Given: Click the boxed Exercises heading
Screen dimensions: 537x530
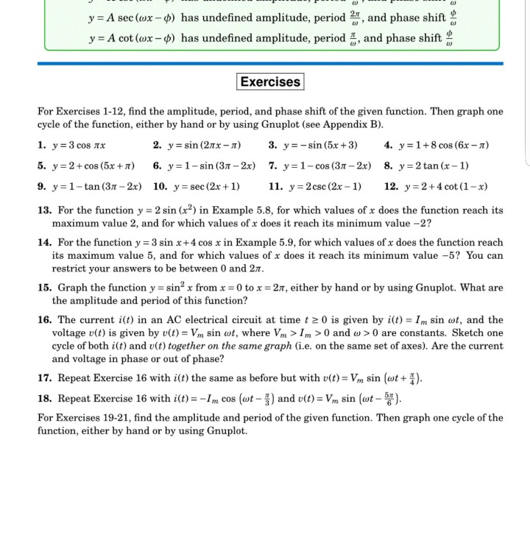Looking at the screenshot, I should point(270,82).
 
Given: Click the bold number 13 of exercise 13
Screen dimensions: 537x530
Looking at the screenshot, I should point(44,210).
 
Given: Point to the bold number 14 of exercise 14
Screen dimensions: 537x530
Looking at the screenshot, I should point(44,243).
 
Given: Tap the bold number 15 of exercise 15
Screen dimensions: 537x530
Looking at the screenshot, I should point(44,288).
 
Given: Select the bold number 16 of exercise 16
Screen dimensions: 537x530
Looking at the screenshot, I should point(44,320).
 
